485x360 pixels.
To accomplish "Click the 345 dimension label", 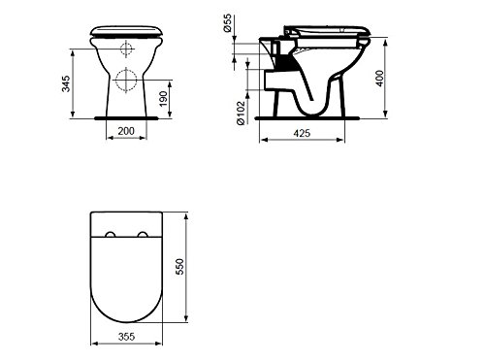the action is pos(66,83).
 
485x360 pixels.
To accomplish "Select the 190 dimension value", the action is pos(164,99).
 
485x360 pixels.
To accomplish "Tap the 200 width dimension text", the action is pos(126,131).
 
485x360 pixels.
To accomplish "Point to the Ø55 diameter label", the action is pos(227,23).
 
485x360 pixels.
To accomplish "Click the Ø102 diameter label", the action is pos(241,113).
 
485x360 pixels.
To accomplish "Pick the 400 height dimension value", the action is pos(380,79).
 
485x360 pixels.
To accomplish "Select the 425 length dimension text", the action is pos(302,133).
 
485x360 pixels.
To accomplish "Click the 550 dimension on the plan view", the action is pos(179,267).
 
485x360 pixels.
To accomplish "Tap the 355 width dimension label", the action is pos(126,337).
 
